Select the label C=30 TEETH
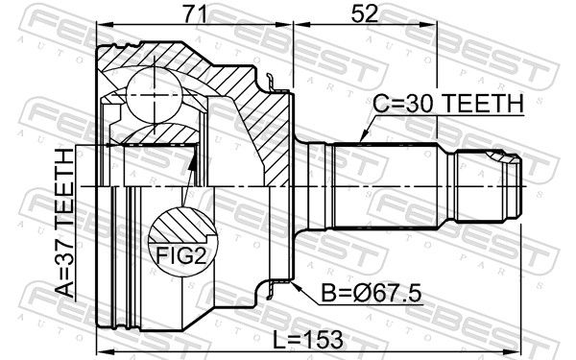point(449,104)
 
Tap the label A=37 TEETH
point(65,223)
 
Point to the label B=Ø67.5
point(371,293)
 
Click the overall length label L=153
point(308,340)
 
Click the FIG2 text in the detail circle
point(180,255)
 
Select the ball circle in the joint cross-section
point(155,95)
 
